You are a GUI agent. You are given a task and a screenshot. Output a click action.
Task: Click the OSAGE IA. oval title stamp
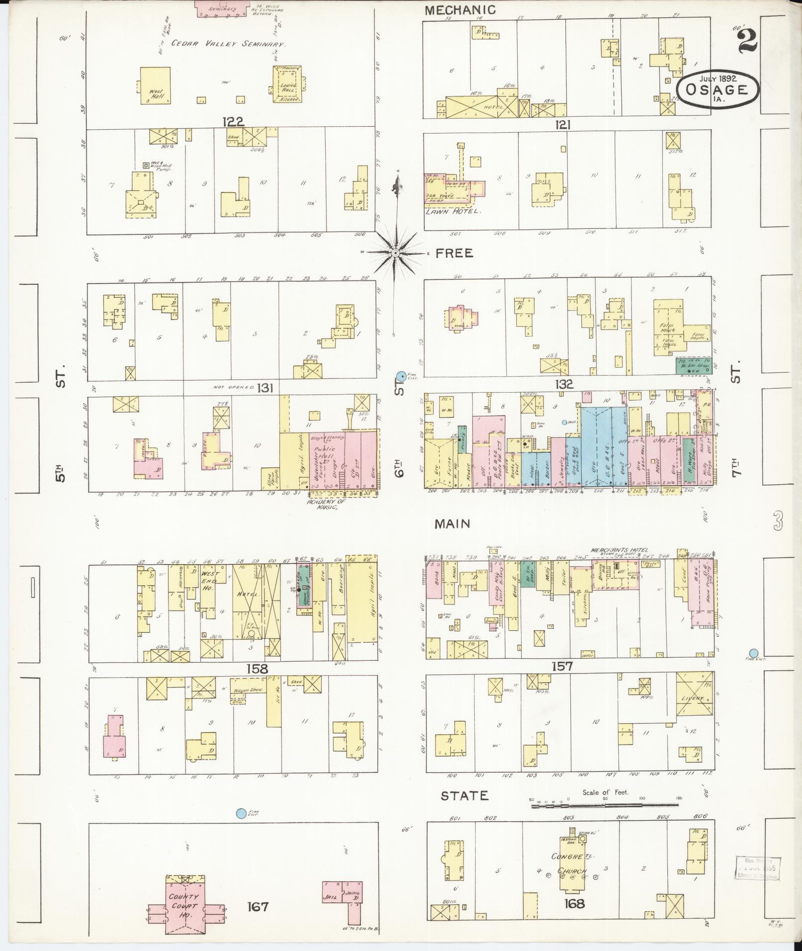coord(718,89)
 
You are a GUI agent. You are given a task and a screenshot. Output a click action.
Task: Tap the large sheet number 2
coord(747,40)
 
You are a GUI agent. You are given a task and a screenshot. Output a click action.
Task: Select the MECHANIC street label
coord(460,9)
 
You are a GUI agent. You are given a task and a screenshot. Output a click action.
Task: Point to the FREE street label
coord(454,254)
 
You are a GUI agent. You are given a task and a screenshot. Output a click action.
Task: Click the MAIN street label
coord(452,523)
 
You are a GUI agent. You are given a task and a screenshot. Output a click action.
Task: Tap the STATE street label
coord(465,796)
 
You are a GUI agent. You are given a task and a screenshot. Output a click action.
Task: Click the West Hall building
coord(156,86)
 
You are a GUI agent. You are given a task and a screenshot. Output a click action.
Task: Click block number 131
coord(265,388)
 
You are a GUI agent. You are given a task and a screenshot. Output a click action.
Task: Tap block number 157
coord(562,666)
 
